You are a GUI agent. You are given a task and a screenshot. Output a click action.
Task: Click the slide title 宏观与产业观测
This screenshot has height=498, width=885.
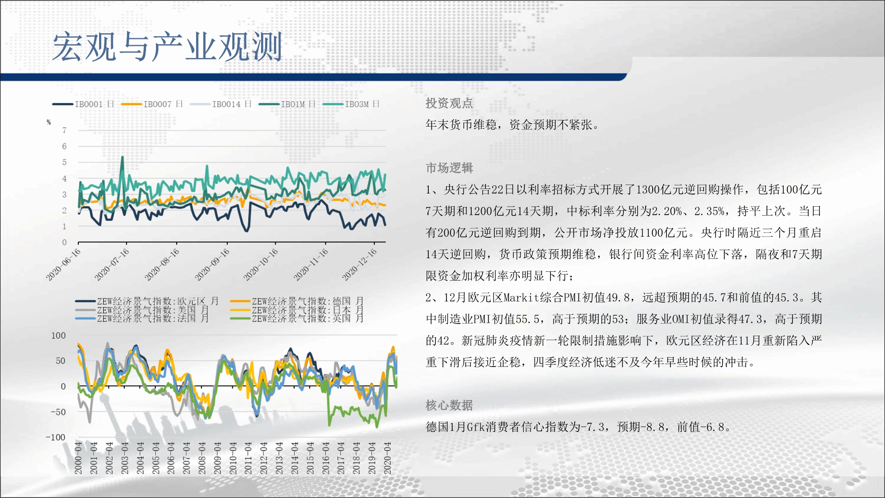[167, 46]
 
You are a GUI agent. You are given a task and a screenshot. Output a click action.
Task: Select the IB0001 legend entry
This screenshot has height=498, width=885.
[83, 104]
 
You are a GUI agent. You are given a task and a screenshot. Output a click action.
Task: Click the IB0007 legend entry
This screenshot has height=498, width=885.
[152, 104]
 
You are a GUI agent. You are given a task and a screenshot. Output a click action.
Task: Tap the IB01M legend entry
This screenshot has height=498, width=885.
[287, 104]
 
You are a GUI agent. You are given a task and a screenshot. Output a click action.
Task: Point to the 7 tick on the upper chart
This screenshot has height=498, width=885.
[65, 130]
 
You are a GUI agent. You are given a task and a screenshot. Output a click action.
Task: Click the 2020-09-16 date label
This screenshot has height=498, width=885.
[212, 264]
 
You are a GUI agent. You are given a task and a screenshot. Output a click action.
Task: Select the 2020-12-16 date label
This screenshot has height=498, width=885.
[359, 264]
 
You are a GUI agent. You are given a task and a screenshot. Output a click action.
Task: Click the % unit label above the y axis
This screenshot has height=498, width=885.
[49, 122]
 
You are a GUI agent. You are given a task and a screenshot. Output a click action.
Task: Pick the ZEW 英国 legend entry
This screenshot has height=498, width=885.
[297, 318]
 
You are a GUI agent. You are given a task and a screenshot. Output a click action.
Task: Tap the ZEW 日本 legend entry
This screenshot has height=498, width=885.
[297, 310]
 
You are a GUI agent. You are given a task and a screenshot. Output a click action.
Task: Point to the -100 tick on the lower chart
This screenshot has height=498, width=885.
[56, 437]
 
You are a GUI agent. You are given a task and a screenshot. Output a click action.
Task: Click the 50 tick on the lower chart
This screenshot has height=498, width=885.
[61, 361]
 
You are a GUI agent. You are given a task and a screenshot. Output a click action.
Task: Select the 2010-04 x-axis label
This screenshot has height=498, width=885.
[233, 458]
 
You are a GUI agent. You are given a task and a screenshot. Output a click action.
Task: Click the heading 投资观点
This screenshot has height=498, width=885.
[449, 103]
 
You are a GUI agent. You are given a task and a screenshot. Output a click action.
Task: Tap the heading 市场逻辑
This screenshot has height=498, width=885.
[449, 168]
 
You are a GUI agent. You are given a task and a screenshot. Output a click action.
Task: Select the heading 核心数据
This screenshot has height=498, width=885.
[449, 405]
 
